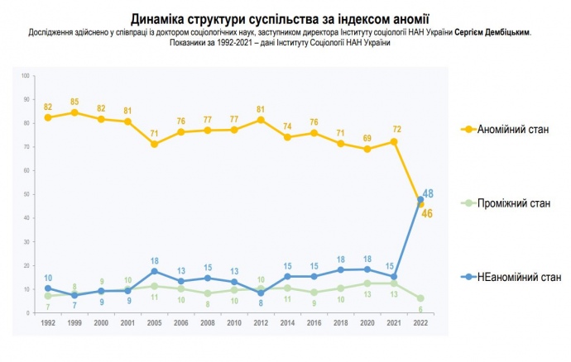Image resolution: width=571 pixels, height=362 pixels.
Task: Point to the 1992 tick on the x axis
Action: coord(47,323)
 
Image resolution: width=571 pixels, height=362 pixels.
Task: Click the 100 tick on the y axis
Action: coord(25,75)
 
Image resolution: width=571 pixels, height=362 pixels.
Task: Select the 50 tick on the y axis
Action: coord(26,194)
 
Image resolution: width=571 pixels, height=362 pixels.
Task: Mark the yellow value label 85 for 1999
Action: coord(74,102)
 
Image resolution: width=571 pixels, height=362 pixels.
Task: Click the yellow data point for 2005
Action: coord(154,144)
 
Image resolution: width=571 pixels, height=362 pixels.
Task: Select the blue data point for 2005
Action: coord(154,271)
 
